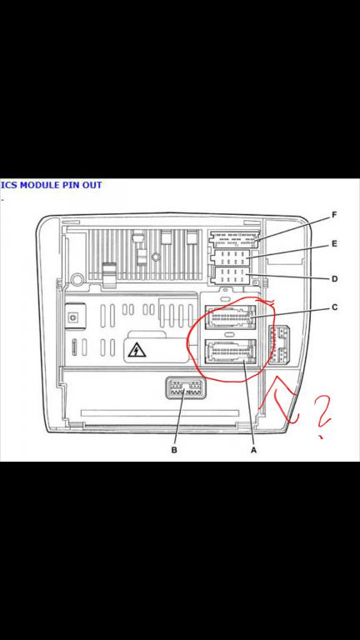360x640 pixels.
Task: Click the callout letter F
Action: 334,215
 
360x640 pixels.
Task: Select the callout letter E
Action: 334,244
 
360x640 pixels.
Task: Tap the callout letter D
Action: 334,279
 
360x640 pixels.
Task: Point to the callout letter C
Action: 334,307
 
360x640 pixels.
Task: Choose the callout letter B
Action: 174,450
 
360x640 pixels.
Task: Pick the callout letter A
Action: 253,450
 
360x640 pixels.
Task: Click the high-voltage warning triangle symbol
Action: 137,350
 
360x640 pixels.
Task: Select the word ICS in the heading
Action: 9,185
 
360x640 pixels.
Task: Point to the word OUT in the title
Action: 92,185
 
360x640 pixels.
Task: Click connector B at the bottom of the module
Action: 184,388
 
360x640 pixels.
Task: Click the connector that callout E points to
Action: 231,258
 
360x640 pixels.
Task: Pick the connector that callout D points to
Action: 231,276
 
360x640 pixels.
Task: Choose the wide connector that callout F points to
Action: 233,240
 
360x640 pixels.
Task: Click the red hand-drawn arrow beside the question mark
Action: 282,402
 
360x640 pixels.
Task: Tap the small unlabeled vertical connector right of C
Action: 280,344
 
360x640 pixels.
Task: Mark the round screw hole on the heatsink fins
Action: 155,257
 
